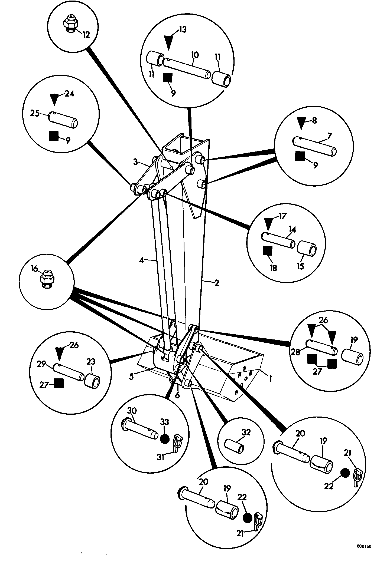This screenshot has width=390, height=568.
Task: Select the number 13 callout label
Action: (x=183, y=29)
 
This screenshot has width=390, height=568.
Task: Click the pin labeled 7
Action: (x=315, y=147)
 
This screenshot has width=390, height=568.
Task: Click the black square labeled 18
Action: (x=268, y=252)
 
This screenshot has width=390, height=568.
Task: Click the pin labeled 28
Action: (x=322, y=347)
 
